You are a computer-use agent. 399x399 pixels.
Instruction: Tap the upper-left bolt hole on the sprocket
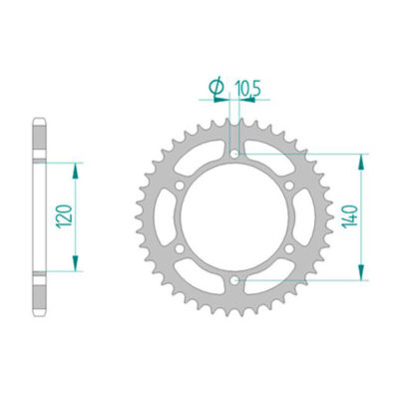pyautogui.click(x=180, y=185)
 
